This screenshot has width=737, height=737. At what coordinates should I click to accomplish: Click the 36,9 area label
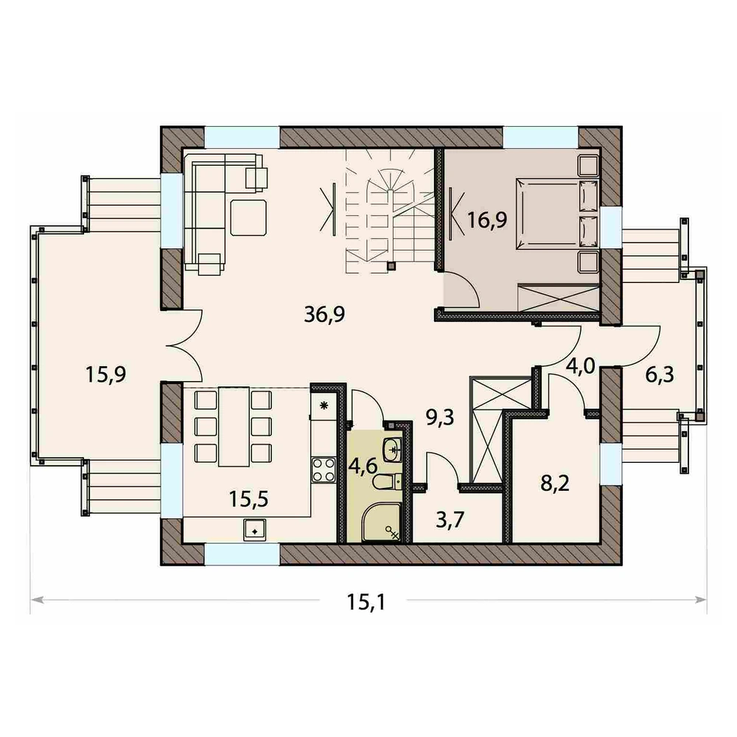point(324,314)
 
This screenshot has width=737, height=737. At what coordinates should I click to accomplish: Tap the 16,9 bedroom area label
point(487,220)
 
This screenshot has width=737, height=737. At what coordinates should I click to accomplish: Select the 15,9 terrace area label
point(105,374)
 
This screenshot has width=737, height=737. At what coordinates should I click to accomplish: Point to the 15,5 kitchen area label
point(248,499)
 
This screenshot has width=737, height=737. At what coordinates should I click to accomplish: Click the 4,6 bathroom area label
point(363,467)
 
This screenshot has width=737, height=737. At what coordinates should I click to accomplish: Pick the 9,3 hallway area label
point(440,417)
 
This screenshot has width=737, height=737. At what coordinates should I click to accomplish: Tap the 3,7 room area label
point(450,520)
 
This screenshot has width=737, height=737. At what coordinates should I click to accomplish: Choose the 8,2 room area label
point(555,483)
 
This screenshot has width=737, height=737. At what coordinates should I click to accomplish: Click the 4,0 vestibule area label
point(581,366)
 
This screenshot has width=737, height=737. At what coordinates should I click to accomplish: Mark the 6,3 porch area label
point(660,374)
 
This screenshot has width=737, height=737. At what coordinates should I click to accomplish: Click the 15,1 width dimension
point(366,601)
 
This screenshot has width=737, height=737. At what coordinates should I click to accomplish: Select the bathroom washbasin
point(393,450)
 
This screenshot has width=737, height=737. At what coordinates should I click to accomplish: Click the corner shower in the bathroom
point(382,523)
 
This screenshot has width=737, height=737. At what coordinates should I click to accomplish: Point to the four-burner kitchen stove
point(324,469)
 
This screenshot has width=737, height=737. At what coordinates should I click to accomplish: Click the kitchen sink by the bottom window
point(254,530)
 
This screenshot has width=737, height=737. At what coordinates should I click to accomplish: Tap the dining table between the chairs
point(234,426)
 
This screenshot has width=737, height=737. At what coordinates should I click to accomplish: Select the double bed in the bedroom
point(557,214)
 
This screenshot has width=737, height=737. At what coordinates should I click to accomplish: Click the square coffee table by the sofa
point(248,217)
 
